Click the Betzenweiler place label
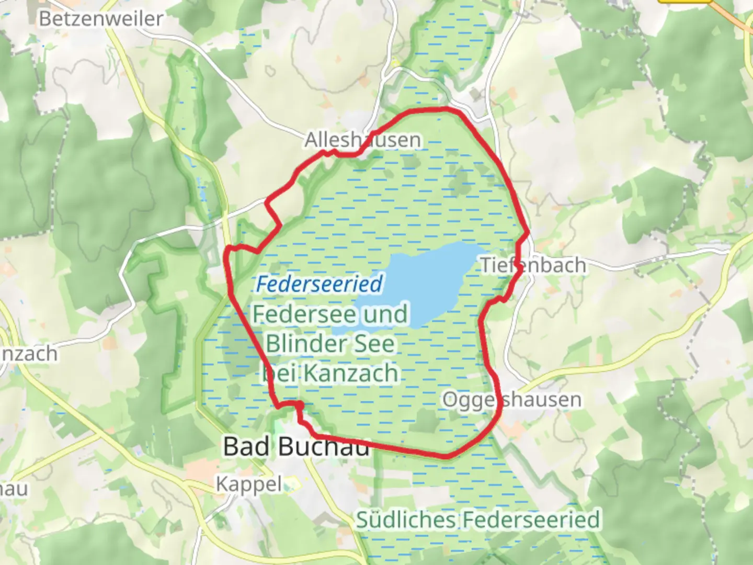coord(101,19)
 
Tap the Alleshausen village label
coord(362,140)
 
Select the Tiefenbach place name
coord(533,265)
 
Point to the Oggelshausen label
coord(512,400)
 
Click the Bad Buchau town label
coord(296,446)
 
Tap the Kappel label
coord(249,484)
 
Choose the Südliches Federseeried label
coord(478,520)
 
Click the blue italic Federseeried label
coord(320,284)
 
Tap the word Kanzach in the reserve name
coord(351,374)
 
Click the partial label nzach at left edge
coord(29,354)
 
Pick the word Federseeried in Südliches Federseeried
coord(531,520)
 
